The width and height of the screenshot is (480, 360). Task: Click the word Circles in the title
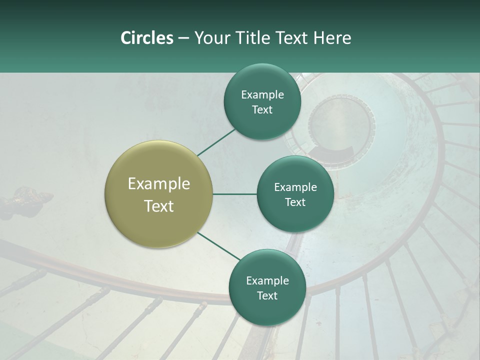tap(146, 38)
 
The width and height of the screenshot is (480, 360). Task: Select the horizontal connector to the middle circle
tap(234, 194)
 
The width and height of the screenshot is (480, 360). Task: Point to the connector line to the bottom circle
tap(219, 246)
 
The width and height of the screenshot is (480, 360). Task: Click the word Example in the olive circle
tap(158, 184)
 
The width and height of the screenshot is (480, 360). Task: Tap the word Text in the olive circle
tap(158, 206)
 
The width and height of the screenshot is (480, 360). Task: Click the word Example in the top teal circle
tap(262, 95)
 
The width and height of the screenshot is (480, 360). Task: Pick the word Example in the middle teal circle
tap(295, 187)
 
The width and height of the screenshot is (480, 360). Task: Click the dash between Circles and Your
tap(183, 38)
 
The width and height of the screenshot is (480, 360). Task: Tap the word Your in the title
tap(210, 38)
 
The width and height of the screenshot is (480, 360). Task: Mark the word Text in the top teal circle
tap(262, 110)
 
